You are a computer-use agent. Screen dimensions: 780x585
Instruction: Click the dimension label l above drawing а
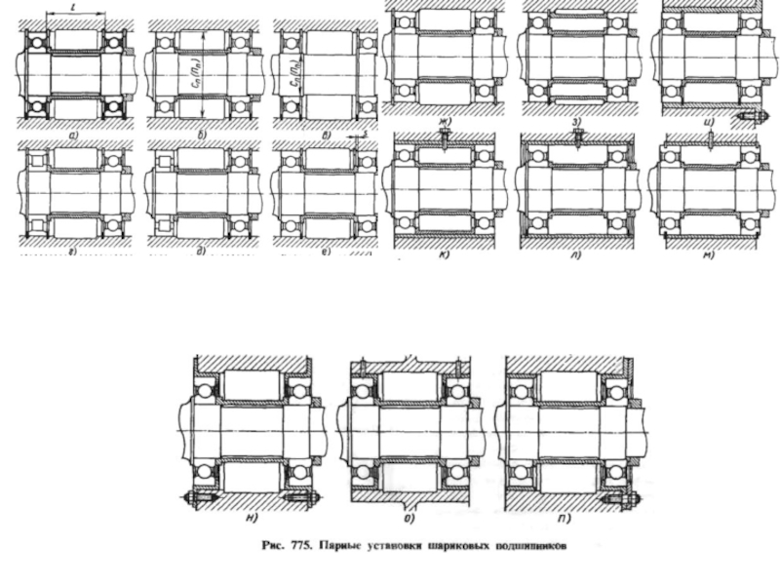click(75, 8)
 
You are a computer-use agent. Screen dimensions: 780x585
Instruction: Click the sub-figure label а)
click(76, 129)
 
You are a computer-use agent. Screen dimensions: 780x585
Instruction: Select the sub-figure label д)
click(202, 252)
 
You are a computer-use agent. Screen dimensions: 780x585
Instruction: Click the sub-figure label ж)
click(444, 123)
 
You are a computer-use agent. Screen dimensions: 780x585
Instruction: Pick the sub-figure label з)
click(577, 123)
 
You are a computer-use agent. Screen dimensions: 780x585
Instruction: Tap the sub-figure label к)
click(444, 255)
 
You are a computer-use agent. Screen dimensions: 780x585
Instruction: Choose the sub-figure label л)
click(577, 255)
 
